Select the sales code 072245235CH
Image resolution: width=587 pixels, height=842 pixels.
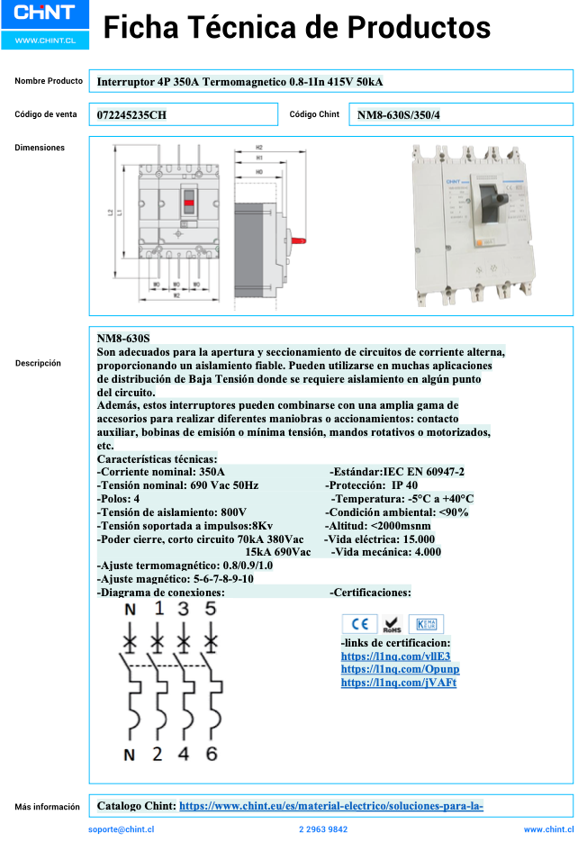pos(131,114)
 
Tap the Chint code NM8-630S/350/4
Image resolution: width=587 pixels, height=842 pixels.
pos(399,114)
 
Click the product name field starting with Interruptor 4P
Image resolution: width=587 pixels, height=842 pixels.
pos(239,82)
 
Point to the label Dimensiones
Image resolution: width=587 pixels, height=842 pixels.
pos(40,147)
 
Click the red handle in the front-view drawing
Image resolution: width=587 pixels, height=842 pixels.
pos(188,204)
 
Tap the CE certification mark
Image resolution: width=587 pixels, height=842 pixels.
pos(359,624)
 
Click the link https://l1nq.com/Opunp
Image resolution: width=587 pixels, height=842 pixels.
pos(400,669)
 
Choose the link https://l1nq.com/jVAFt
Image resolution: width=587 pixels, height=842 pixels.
pos(398,683)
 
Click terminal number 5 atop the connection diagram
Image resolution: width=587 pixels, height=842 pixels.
pos(212,610)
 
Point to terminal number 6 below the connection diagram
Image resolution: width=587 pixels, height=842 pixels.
pos(212,755)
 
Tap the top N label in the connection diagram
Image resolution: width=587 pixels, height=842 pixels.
pos(130,610)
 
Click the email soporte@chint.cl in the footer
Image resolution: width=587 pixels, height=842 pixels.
pos(122,829)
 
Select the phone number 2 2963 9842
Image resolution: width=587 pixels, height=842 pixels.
pos(323,829)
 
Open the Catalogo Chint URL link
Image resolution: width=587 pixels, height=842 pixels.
pos(331,806)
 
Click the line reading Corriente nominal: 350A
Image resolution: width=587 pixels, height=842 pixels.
pos(161,471)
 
